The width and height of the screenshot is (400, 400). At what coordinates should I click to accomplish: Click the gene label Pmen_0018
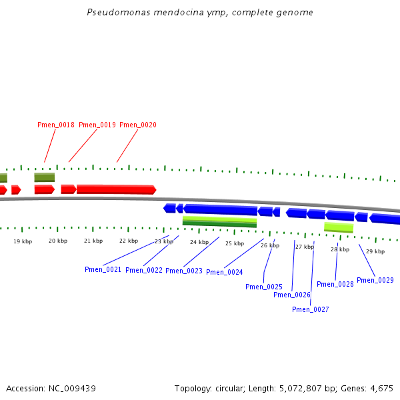coord(56,125)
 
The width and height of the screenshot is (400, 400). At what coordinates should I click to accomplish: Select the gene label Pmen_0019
coord(97,125)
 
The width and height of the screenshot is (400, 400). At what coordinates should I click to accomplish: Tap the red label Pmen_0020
coord(138,125)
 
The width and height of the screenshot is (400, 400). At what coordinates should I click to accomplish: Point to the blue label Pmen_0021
coord(103,269)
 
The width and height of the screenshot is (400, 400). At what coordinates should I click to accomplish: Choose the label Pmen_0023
coord(184,271)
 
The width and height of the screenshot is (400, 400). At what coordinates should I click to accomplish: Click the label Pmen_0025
coord(264,287)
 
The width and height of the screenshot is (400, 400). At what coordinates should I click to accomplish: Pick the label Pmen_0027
coord(311,309)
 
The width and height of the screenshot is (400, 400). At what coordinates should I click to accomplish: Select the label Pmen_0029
coord(375,281)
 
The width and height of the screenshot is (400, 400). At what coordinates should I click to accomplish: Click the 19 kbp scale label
coord(23,241)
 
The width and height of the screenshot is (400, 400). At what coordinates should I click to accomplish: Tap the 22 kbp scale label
coord(129,241)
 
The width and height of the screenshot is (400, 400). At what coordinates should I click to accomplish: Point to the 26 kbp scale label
coord(270,245)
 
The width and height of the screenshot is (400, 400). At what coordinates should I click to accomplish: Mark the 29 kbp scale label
coord(375,251)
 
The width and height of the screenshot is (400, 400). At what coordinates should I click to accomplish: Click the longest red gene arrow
coord(116,189)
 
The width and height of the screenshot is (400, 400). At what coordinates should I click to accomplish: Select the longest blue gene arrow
coord(220,209)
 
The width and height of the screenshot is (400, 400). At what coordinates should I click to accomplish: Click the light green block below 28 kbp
coord(339,227)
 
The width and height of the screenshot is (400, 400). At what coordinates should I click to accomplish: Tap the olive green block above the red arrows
coord(45,177)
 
